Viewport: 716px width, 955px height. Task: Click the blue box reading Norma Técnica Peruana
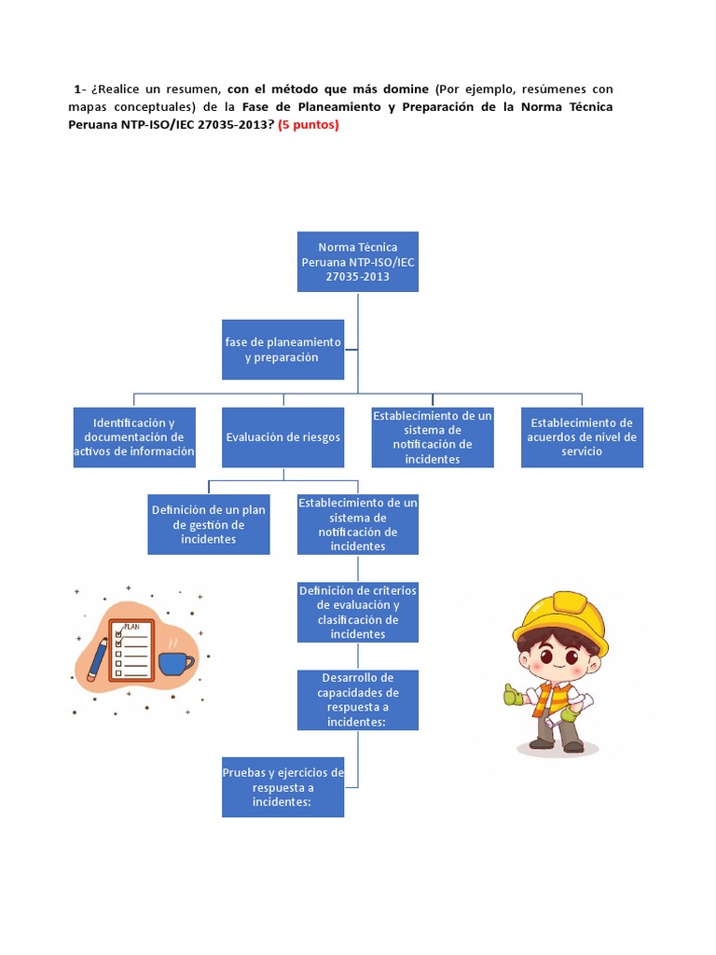pos(358,261)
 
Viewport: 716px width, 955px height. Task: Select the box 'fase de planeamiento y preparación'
pos(282,349)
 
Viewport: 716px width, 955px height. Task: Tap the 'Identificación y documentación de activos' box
pos(134,436)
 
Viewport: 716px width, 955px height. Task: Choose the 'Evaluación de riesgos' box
pos(282,436)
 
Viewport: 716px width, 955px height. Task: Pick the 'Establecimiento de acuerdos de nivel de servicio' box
pos(582,436)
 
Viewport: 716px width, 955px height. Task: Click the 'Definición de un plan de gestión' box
pos(209,524)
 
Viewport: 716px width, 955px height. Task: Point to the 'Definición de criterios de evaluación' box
pos(358,612)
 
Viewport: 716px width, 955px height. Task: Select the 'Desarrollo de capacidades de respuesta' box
pos(358,699)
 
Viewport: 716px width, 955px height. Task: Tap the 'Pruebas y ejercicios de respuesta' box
pos(282,786)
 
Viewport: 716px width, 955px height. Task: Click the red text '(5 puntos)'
pos(310,125)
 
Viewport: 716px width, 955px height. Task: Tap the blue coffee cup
pos(175,663)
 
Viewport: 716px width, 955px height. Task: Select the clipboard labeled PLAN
pos(131,650)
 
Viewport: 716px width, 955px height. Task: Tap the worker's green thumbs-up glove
pos(512,695)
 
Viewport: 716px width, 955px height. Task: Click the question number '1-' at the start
pos(79,90)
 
